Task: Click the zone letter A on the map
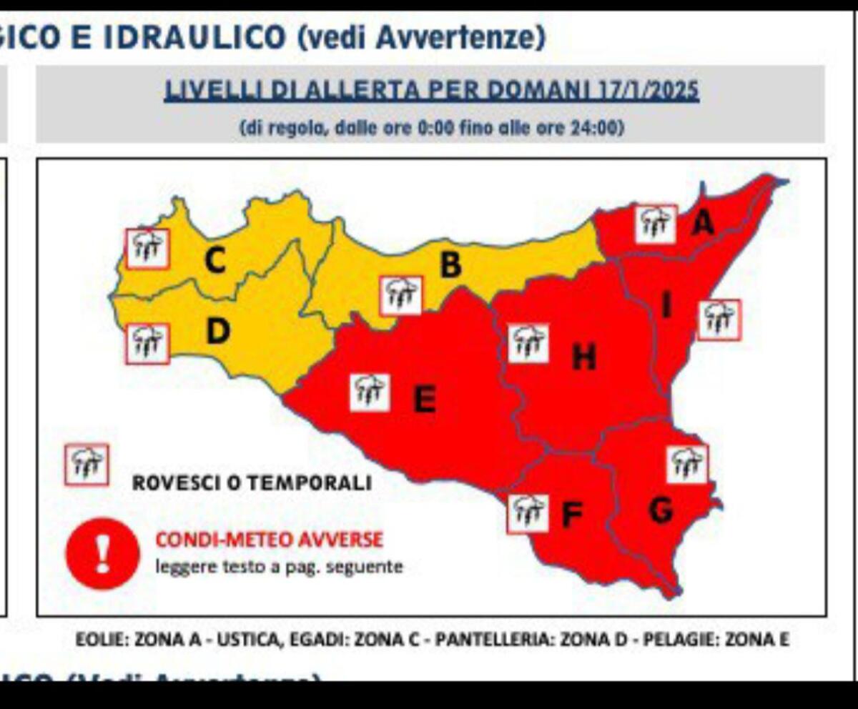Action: pos(703,224)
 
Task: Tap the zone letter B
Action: pos(450,265)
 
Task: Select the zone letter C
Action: pos(214,262)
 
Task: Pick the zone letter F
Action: pos(572,514)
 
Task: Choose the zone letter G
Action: pos(660,510)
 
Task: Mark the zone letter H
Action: pos(584,357)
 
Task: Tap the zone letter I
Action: pos(666,306)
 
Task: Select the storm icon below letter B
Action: pos(401,295)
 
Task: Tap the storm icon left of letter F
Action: pos(528,513)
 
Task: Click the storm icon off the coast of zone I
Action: pos(719,319)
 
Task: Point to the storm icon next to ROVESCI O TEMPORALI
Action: pos(87,465)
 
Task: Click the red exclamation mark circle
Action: pos(102,553)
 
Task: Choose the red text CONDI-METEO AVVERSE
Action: pos(269,540)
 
